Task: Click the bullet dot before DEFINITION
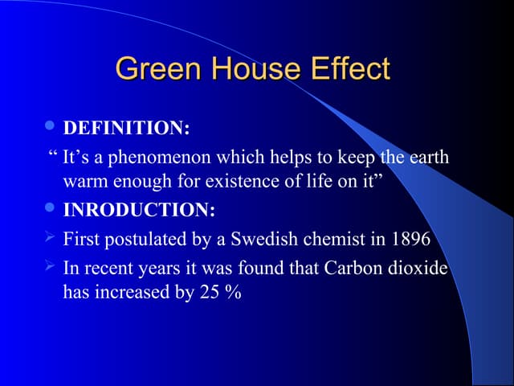tap(51, 127)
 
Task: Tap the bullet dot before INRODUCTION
tap(51, 210)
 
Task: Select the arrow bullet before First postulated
tap(51, 238)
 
